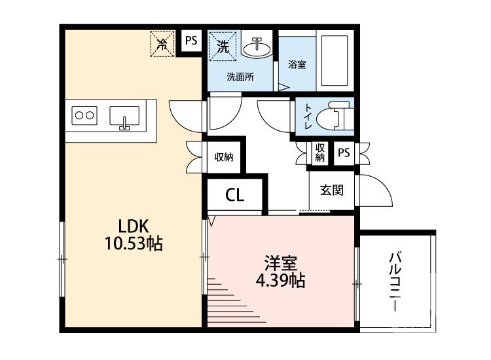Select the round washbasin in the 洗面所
[257, 47]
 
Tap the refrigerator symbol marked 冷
[162, 44]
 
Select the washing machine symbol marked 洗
[223, 46]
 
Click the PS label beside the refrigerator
[191, 41]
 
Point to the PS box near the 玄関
[344, 153]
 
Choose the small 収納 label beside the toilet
[319, 153]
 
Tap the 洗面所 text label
[240, 77]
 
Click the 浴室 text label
[297, 64]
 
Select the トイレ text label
[307, 117]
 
